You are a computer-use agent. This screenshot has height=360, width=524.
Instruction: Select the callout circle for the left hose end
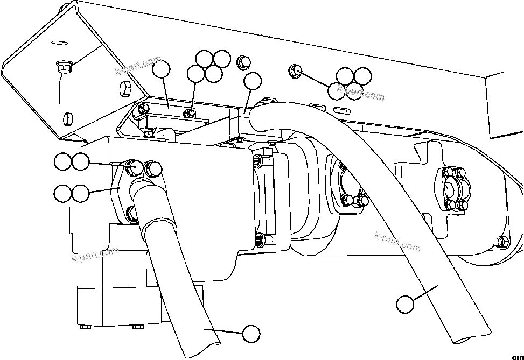pos(251,334)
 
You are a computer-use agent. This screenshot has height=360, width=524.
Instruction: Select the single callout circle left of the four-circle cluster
pos(161,70)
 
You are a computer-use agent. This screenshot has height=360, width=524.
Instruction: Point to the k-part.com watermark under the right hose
pos(397,242)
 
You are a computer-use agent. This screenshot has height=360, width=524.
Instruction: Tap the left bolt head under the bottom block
pos(83,327)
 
